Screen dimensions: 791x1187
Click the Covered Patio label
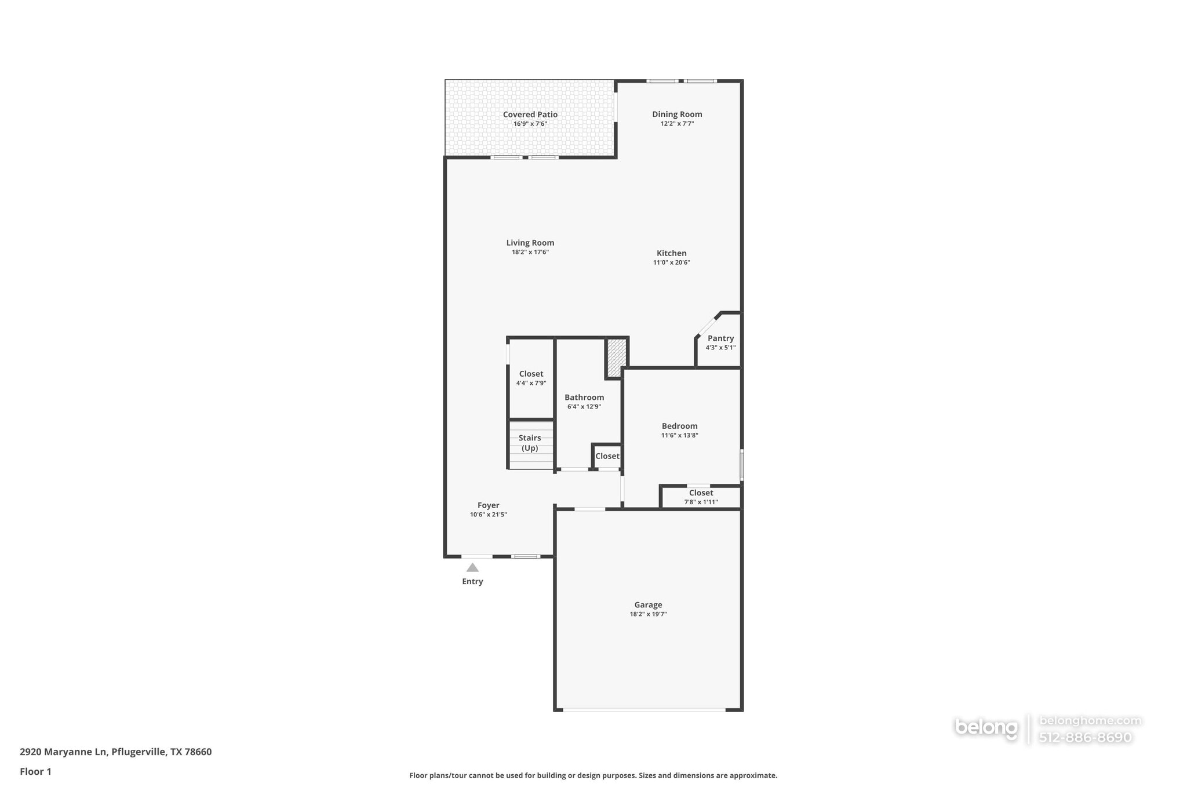(x=530, y=115)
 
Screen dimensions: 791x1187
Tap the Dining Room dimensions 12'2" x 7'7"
(x=677, y=124)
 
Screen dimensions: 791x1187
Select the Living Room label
(x=530, y=243)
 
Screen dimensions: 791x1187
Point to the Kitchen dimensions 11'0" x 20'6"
(x=671, y=263)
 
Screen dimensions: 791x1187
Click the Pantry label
(x=720, y=338)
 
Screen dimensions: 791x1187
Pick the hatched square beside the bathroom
(x=616, y=358)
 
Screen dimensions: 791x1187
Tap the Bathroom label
(x=584, y=398)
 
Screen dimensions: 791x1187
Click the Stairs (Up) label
(x=530, y=443)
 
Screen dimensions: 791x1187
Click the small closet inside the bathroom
(x=607, y=456)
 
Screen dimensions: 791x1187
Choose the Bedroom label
(x=679, y=426)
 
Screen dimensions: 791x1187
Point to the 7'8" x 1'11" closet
(x=701, y=497)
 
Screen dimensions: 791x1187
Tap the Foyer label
(x=488, y=505)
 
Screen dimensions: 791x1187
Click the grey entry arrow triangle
(x=472, y=568)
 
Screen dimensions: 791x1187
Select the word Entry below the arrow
(x=472, y=582)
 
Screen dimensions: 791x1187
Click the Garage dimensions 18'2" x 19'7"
(x=648, y=614)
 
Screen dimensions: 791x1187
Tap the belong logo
(x=986, y=728)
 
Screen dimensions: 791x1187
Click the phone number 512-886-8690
(x=1085, y=738)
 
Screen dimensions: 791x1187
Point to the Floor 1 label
(x=35, y=772)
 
